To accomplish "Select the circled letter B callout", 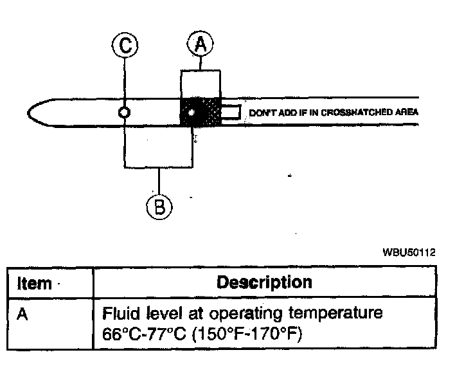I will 159,207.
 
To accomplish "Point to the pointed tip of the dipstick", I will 30,113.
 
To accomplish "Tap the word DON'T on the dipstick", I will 260,113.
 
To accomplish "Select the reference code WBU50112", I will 409,253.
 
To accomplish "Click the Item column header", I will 34,283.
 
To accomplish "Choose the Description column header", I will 264,282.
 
